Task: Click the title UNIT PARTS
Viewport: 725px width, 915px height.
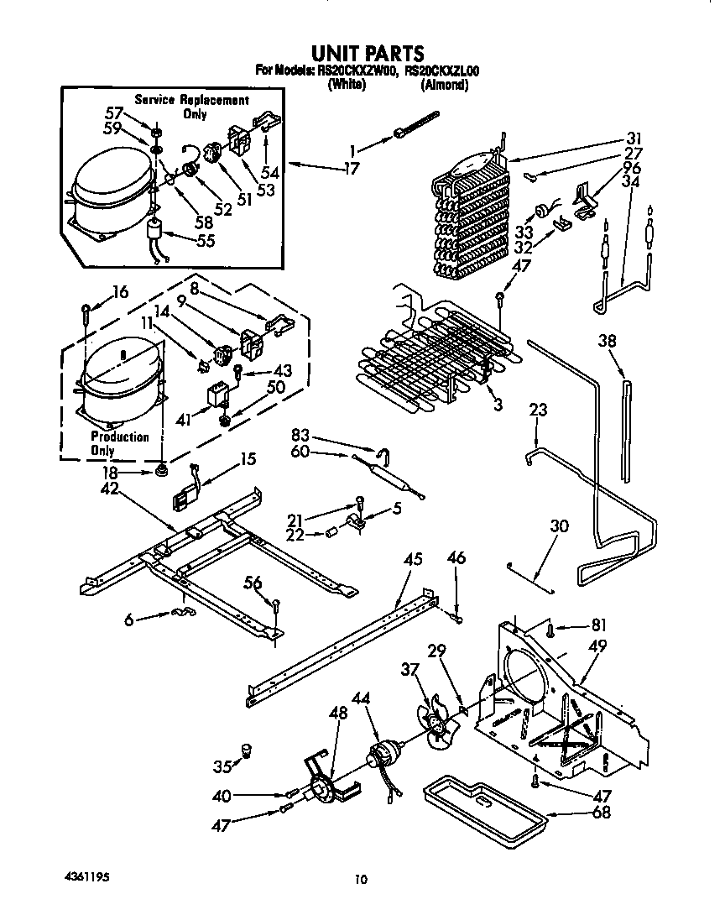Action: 363,55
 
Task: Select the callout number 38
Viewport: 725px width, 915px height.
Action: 608,341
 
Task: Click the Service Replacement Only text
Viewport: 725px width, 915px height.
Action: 192,107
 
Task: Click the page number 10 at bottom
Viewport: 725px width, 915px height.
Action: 361,880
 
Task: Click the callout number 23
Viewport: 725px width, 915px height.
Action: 538,410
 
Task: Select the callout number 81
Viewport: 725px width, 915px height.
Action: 599,625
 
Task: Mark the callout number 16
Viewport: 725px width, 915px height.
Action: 120,292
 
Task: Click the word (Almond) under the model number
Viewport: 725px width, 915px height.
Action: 444,85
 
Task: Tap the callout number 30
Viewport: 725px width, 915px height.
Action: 559,526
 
